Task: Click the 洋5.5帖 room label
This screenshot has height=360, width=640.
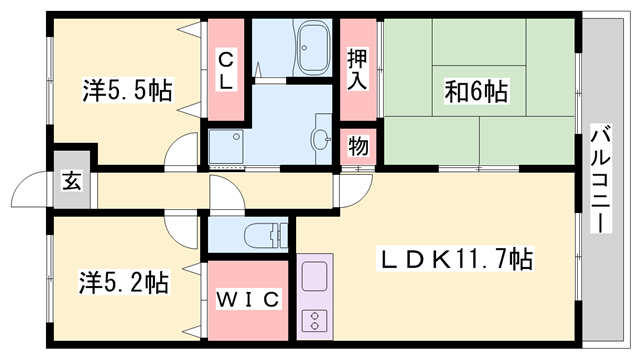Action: click(126, 91)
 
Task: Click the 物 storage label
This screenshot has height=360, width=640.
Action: click(358, 146)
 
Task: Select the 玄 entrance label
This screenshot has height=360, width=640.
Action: click(73, 181)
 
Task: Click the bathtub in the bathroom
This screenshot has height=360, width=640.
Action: click(313, 51)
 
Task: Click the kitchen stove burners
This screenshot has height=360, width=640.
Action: click(313, 321)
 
